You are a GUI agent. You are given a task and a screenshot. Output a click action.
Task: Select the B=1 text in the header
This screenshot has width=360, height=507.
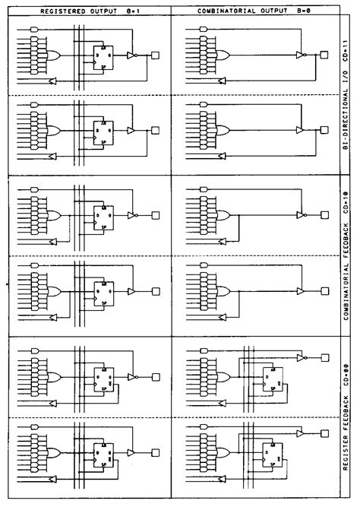[132, 10]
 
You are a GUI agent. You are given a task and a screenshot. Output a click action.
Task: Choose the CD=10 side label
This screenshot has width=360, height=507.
[347, 203]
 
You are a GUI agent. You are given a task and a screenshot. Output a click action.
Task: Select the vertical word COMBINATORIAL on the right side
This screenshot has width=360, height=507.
[347, 293]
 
